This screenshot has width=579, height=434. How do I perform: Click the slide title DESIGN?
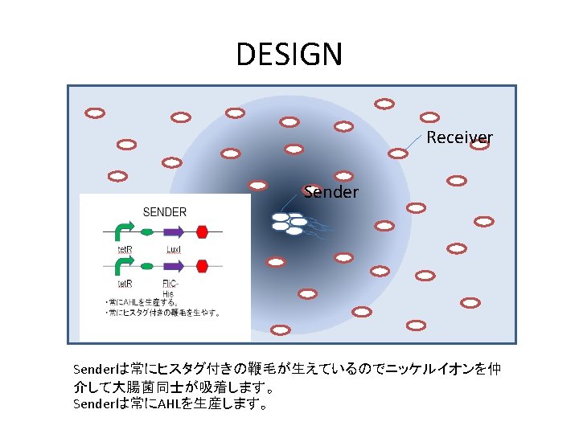click(289, 55)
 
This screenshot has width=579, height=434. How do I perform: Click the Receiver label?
click(459, 137)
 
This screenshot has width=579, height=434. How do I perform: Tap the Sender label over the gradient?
click(331, 192)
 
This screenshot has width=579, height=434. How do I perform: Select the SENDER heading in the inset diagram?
click(164, 212)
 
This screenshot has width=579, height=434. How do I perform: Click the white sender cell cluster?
click(288, 223)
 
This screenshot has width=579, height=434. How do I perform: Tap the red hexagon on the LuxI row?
click(202, 231)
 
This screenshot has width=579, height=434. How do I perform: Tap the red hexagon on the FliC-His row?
click(202, 265)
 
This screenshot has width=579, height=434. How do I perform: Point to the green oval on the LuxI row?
click(146, 231)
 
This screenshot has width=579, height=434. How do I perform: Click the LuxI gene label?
click(174, 249)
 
